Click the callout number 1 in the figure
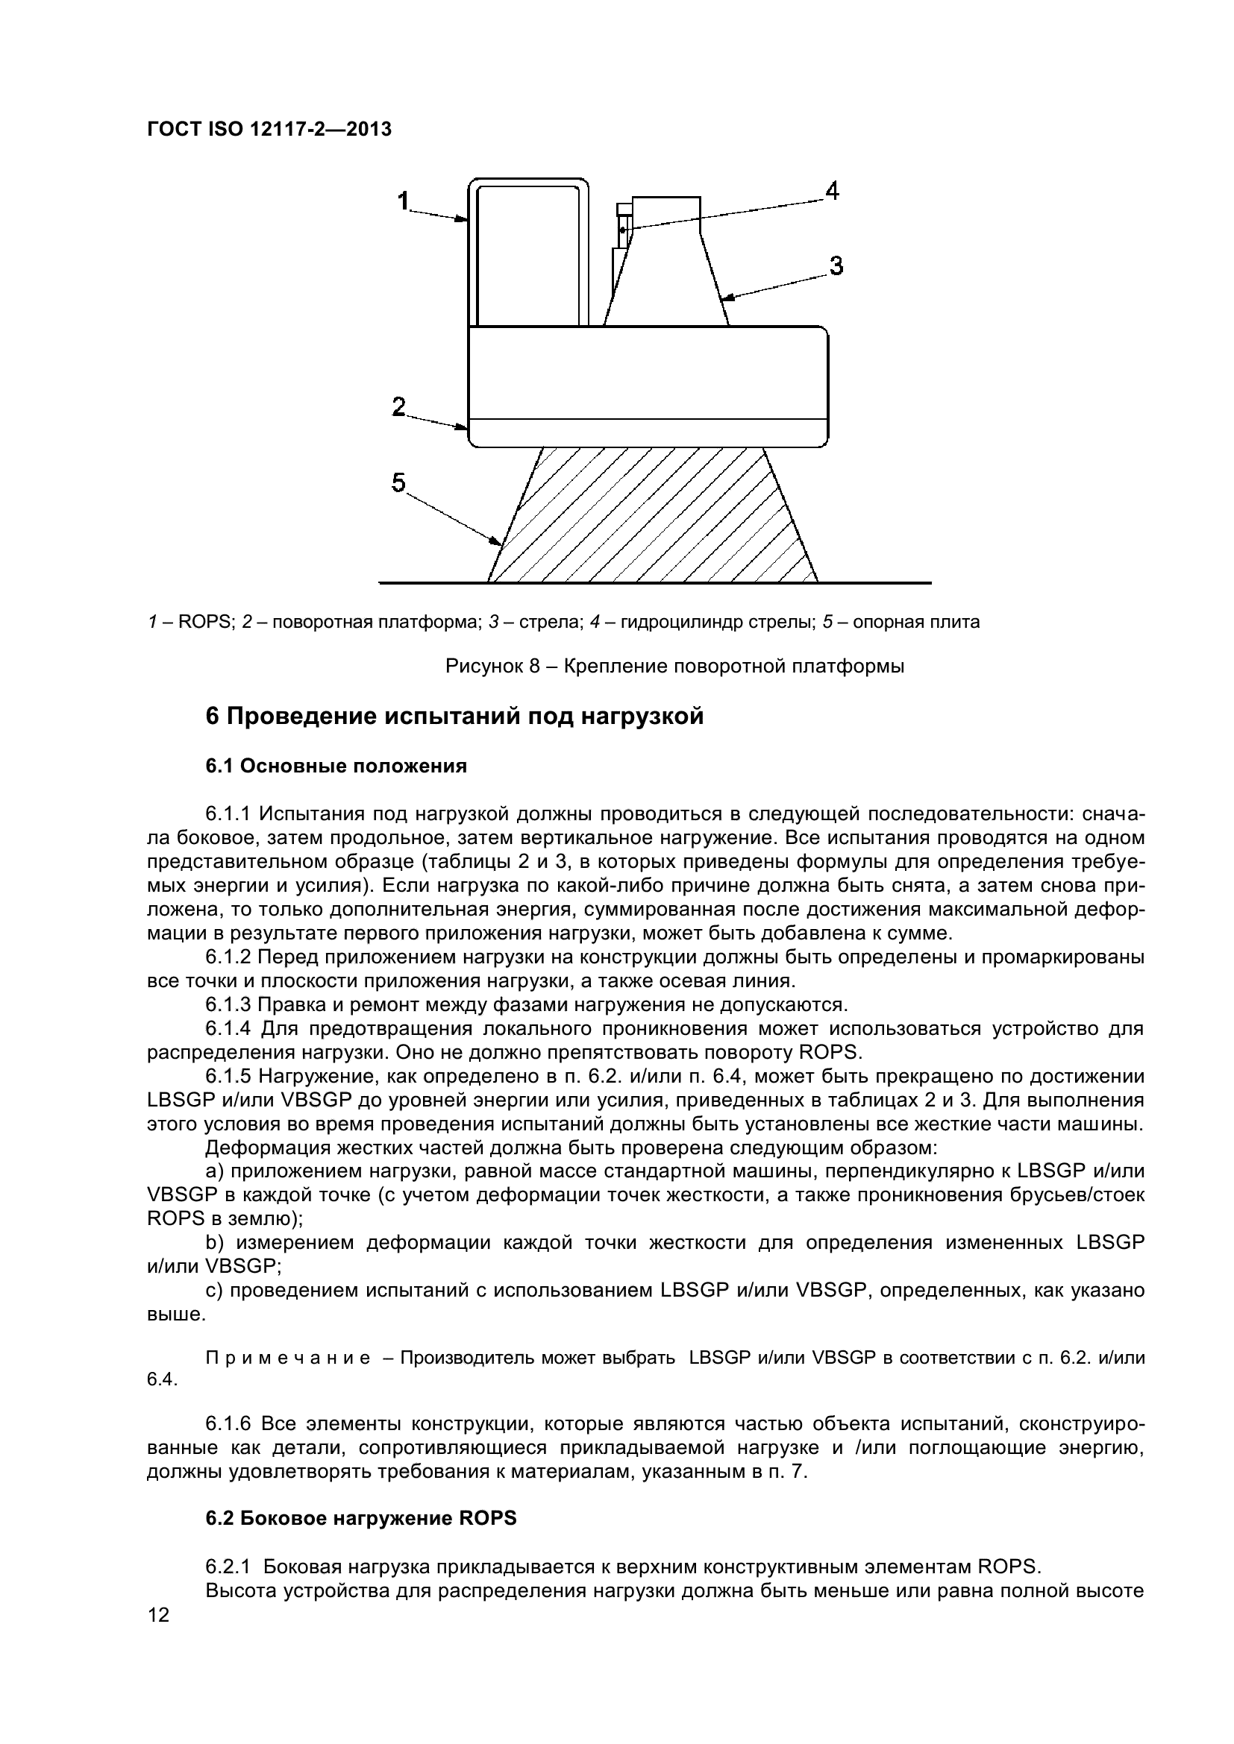tap(404, 201)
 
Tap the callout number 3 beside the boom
tap(836, 266)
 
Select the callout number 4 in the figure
tap(832, 191)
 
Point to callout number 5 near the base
tap(399, 482)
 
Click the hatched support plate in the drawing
tap(654, 517)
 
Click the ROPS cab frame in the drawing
tap(529, 251)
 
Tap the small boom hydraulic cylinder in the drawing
tap(623, 228)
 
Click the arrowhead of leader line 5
tap(498, 542)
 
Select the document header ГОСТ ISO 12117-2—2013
tap(269, 130)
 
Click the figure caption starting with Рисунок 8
tap(674, 667)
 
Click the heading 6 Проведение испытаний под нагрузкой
tap(454, 717)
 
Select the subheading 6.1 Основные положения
tap(336, 766)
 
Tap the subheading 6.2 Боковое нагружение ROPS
tap(361, 1517)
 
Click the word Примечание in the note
tap(288, 1358)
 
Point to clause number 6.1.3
tap(228, 1005)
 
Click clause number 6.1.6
tap(228, 1423)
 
